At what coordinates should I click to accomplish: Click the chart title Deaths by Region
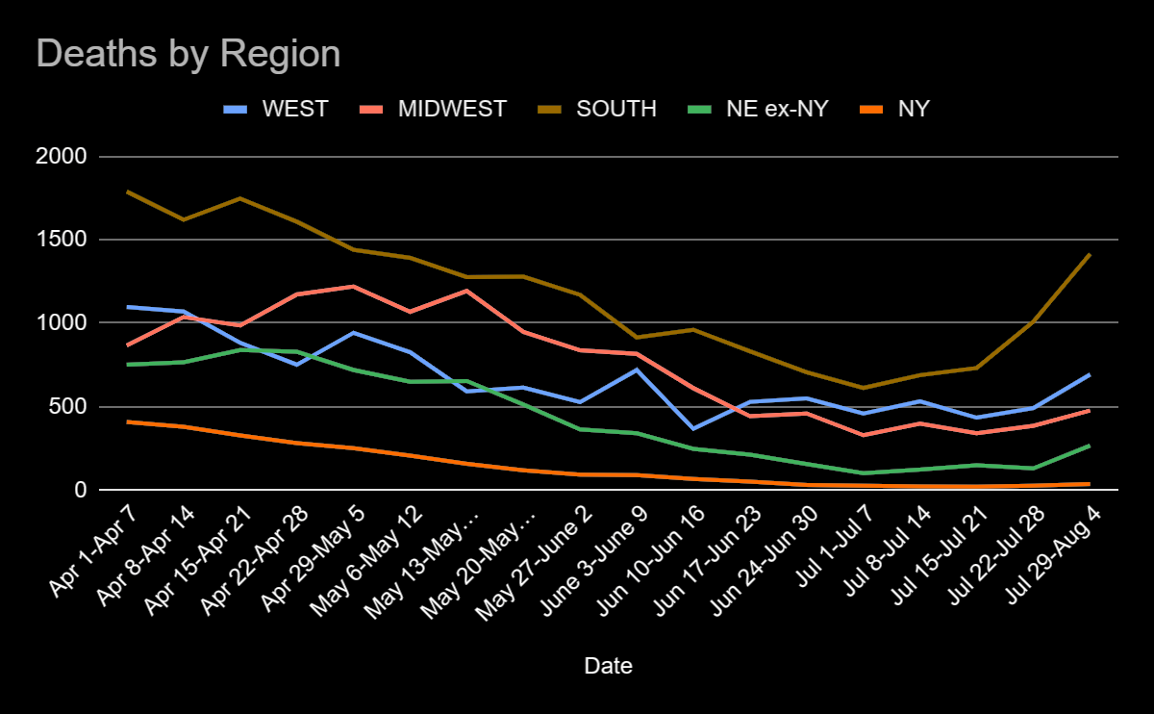[x=188, y=54]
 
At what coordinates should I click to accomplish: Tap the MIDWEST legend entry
[x=451, y=108]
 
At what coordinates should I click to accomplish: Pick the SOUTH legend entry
[x=616, y=108]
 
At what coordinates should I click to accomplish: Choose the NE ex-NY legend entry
[x=777, y=108]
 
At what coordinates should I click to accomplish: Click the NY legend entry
[x=913, y=108]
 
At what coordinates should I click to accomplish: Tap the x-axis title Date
[x=609, y=666]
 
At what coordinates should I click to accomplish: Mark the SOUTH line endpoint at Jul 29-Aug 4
[x=1090, y=255]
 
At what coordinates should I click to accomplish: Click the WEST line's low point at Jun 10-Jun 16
[x=692, y=428]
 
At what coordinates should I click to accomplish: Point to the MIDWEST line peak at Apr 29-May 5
[x=354, y=286]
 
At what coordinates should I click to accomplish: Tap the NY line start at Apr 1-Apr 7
[x=128, y=421]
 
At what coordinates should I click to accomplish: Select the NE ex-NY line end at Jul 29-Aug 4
[x=1090, y=446]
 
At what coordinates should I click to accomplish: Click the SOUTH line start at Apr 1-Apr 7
[x=128, y=191]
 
